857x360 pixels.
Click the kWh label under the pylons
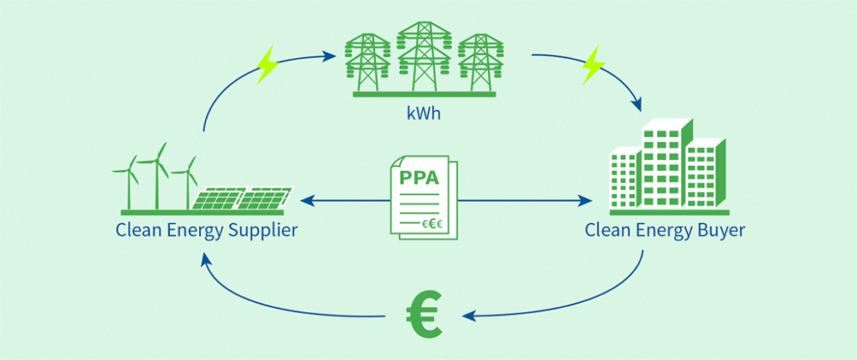(x=424, y=115)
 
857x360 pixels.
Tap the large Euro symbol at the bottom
(x=424, y=316)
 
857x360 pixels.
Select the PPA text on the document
(x=420, y=177)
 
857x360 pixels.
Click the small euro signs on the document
(x=432, y=224)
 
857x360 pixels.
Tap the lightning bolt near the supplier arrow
(x=267, y=64)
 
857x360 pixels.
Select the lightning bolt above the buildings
(x=593, y=64)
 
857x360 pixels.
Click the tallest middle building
(x=663, y=164)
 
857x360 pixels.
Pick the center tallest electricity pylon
(x=424, y=57)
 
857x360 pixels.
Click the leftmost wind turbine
(x=129, y=182)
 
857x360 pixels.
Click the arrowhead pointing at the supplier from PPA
(x=306, y=201)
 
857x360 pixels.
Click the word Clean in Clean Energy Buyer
(x=603, y=229)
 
